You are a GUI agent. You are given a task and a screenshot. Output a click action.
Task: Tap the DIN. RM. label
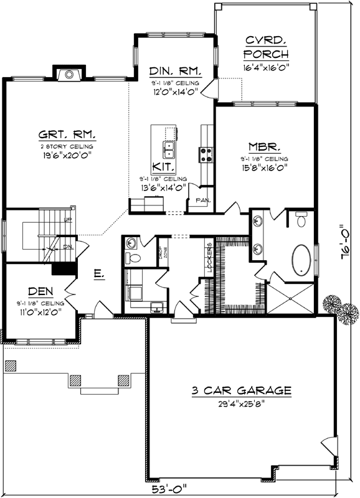tap(174, 71)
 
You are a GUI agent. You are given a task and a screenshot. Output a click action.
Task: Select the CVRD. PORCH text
tap(265, 47)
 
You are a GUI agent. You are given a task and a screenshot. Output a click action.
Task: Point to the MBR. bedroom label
tap(264, 147)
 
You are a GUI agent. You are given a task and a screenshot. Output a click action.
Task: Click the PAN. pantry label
tap(202, 200)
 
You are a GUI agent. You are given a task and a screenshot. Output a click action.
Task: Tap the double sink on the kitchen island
tap(168, 149)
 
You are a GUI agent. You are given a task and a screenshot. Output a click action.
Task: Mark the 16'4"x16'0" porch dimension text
tap(265, 66)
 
